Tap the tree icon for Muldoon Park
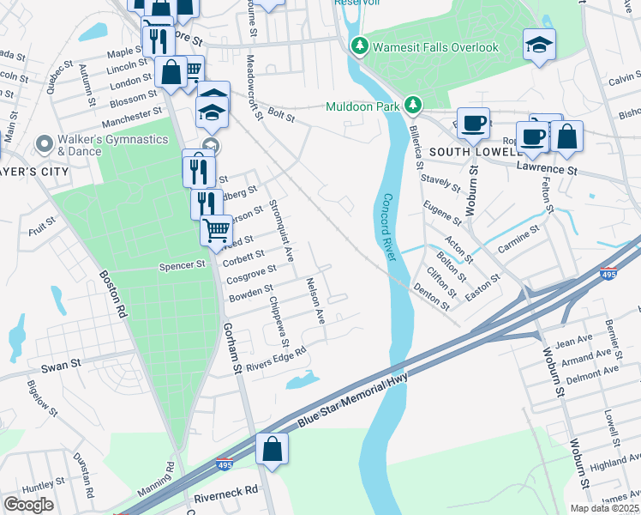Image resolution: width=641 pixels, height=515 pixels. (414, 106)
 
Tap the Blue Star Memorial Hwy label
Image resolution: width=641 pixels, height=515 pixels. (358, 399)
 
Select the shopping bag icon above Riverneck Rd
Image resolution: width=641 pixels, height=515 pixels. (272, 449)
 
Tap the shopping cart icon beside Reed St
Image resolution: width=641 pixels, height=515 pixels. (217, 230)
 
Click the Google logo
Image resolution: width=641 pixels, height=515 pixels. (28, 505)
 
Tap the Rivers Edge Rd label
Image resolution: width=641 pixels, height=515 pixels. (276, 358)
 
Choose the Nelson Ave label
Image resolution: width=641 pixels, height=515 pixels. (315, 300)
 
